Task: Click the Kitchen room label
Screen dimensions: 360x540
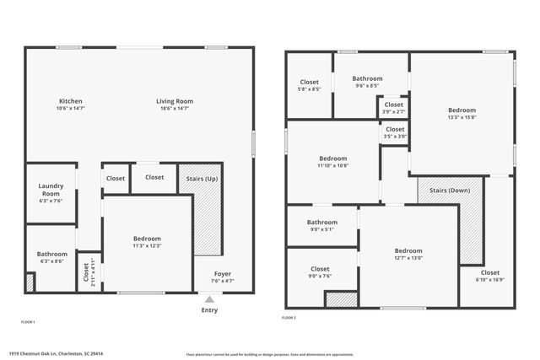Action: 70,101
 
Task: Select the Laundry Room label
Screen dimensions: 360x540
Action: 51,190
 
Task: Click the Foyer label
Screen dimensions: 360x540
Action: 223,273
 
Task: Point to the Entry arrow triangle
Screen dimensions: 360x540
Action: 209,298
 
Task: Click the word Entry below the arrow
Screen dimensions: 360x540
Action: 209,309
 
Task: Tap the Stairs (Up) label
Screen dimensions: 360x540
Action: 199,178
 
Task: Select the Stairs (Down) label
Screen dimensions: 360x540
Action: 450,191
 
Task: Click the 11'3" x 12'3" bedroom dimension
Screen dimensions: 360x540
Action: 147,246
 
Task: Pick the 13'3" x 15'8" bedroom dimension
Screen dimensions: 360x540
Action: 462,117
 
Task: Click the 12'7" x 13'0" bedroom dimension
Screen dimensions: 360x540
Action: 408,258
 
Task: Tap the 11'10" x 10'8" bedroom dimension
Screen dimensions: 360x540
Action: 332,165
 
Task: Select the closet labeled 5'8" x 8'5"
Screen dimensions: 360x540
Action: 309,89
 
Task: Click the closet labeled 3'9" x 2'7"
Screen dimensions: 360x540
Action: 394,111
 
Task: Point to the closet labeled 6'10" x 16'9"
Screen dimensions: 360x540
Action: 490,279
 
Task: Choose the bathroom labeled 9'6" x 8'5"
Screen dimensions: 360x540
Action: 367,85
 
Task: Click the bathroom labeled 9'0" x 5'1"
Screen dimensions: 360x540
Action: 321,228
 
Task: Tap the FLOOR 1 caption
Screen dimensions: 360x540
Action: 28,322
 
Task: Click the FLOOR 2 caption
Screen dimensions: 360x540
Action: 289,318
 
